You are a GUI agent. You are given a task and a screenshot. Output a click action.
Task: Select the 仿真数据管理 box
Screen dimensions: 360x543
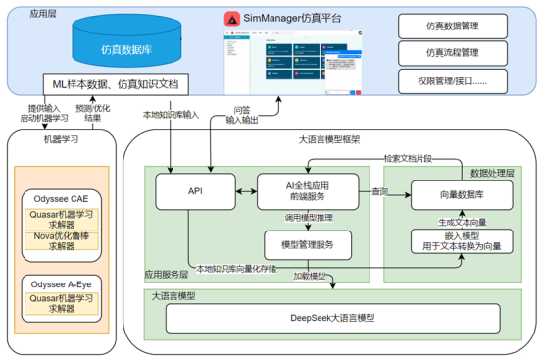458,24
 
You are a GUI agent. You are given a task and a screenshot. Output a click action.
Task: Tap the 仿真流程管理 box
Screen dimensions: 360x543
458,50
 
